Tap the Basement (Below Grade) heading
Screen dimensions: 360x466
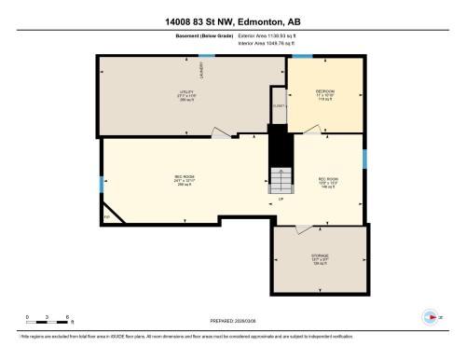click(181, 36)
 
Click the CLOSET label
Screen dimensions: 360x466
click(278, 105)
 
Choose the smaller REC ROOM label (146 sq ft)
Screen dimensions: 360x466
click(328, 181)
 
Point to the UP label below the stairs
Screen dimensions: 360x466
click(280, 199)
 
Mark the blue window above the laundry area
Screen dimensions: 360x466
click(206, 56)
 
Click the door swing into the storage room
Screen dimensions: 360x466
click(305, 228)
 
